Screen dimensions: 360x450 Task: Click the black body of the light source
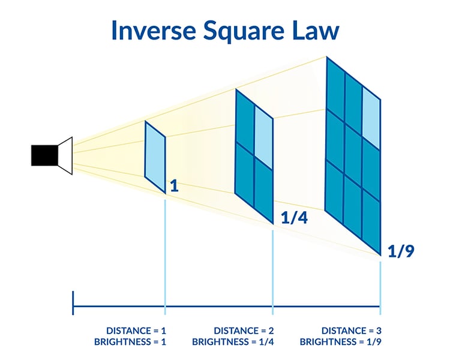pyautogui.click(x=44, y=155)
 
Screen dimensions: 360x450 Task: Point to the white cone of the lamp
pyautogui.click(x=65, y=155)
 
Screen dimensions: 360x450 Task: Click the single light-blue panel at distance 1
pyautogui.click(x=155, y=156)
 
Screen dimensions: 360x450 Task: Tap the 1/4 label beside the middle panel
pyautogui.click(x=294, y=218)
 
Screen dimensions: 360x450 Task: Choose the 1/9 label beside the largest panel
pyautogui.click(x=401, y=250)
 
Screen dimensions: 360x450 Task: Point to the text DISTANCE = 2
pyautogui.click(x=244, y=331)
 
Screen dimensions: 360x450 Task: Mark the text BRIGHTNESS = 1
pyautogui.click(x=130, y=342)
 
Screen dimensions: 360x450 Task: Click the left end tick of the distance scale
pyautogui.click(x=73, y=303)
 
